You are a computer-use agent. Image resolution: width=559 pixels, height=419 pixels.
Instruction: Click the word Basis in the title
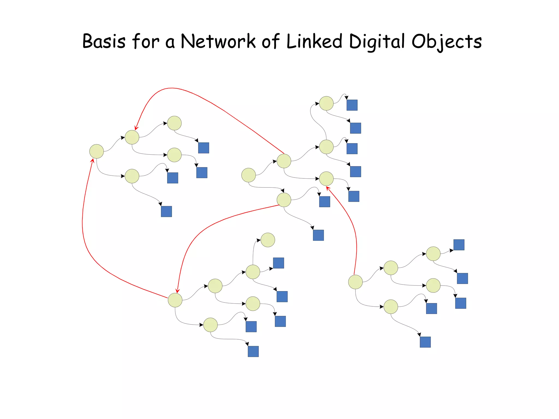[104, 42]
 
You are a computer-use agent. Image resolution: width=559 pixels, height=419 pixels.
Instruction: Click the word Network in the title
[218, 42]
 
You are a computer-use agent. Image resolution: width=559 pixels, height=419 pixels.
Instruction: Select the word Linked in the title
[314, 42]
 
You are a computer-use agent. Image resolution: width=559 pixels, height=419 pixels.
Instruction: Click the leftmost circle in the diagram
[97, 151]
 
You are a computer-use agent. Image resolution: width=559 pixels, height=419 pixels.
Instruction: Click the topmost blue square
[352, 105]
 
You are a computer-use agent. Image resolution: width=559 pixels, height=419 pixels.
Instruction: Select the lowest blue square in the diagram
[253, 351]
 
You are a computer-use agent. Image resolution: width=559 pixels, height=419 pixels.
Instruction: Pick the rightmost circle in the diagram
[433, 285]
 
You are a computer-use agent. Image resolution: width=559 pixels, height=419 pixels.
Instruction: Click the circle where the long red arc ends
[132, 137]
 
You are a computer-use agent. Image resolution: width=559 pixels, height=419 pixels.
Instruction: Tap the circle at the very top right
[326, 103]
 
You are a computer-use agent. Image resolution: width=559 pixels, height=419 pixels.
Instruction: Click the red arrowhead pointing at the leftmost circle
[93, 161]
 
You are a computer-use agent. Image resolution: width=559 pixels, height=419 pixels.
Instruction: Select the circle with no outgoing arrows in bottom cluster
[268, 240]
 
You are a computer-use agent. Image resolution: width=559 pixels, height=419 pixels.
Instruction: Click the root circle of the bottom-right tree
[355, 282]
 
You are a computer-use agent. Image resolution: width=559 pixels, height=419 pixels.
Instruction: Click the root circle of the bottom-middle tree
[175, 300]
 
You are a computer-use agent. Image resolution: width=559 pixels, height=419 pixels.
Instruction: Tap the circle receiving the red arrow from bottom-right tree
[326, 179]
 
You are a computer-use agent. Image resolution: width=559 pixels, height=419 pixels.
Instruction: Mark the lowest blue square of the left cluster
[166, 211]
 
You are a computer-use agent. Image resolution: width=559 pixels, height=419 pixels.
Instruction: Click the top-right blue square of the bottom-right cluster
[459, 245]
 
